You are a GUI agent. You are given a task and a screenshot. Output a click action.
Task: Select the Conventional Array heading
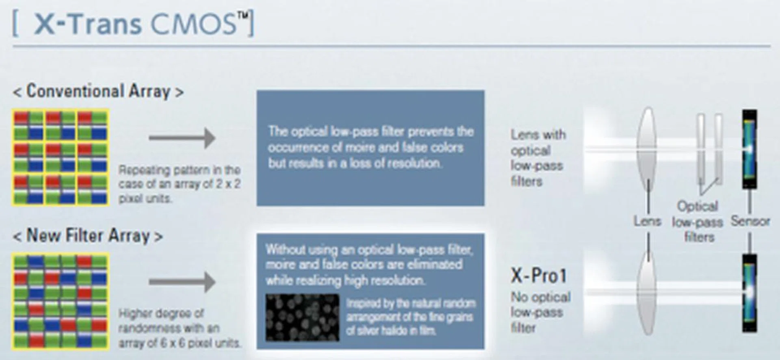point(98,91)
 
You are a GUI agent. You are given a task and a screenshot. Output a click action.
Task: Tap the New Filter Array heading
point(88,236)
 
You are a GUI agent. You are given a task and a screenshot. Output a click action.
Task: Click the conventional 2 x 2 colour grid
point(61,157)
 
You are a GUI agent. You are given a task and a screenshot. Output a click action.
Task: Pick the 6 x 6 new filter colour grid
point(61,301)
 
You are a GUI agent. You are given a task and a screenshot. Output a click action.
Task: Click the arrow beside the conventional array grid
point(182,138)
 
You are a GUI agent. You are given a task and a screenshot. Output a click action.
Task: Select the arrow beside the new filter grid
point(182,282)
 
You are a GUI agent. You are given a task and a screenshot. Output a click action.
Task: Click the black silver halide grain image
point(302,317)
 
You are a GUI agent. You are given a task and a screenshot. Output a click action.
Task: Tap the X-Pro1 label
point(538,276)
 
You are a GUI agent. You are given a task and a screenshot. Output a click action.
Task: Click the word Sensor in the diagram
point(750,221)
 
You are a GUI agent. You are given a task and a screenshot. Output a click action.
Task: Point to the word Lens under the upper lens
point(648,221)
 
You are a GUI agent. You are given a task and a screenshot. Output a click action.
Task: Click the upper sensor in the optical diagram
point(750,149)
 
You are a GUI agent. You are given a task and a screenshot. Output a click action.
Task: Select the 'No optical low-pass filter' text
point(540,312)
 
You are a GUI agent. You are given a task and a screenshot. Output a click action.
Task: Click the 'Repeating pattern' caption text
point(180,184)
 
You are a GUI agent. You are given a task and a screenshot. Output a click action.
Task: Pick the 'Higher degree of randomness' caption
point(180,328)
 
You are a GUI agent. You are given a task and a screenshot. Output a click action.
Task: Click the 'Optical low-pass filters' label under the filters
point(698,221)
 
